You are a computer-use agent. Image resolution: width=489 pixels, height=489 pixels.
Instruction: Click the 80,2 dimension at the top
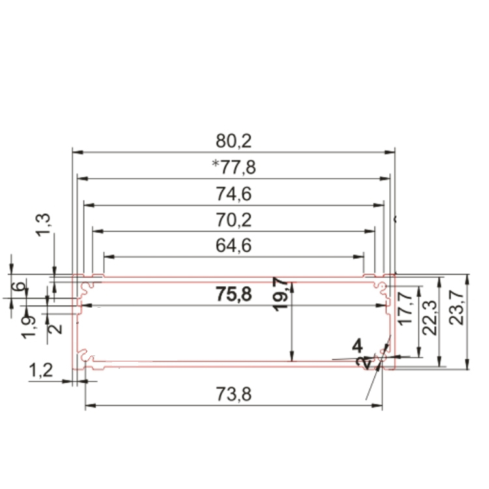(233, 140)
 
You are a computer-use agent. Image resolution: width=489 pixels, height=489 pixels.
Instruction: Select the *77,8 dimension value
(236, 168)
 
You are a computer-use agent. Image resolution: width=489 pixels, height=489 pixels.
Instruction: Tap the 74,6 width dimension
(233, 194)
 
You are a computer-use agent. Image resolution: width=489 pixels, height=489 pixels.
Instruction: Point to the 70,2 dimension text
(233, 220)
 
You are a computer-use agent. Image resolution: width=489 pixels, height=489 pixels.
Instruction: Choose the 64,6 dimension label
(233, 246)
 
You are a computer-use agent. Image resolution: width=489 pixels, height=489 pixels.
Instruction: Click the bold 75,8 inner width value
(233, 295)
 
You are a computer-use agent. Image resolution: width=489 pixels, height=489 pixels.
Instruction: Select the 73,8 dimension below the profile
(233, 394)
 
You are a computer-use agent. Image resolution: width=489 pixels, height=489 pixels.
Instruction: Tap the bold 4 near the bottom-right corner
(357, 344)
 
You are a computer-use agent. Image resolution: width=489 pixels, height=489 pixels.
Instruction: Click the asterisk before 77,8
(216, 165)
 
